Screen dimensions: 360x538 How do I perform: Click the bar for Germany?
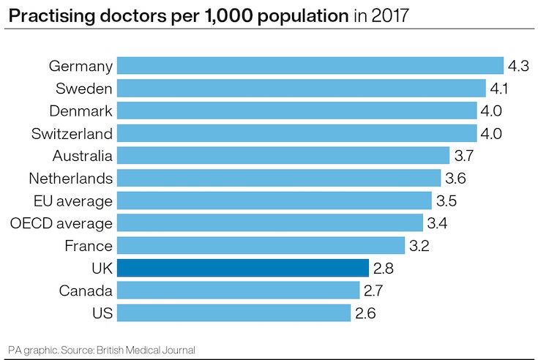[310, 66]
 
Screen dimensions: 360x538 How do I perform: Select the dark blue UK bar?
[242, 268]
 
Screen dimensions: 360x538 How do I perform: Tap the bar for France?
[261, 245]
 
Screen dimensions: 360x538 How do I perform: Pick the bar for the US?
[233, 313]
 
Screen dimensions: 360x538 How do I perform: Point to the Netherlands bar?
[279, 178]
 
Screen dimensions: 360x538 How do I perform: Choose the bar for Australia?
[283, 155]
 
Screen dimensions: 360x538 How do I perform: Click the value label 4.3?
[518, 66]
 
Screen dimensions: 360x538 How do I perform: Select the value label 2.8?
[383, 268]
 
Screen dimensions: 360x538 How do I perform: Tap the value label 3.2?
[419, 245]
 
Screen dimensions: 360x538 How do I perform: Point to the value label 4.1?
[500, 89]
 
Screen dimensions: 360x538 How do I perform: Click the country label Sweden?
[84, 89]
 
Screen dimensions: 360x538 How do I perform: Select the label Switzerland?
[72, 133]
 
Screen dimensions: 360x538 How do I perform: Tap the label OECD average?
[61, 222]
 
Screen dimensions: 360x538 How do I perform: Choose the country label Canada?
[86, 290]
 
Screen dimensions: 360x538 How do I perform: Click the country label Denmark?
[81, 110]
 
